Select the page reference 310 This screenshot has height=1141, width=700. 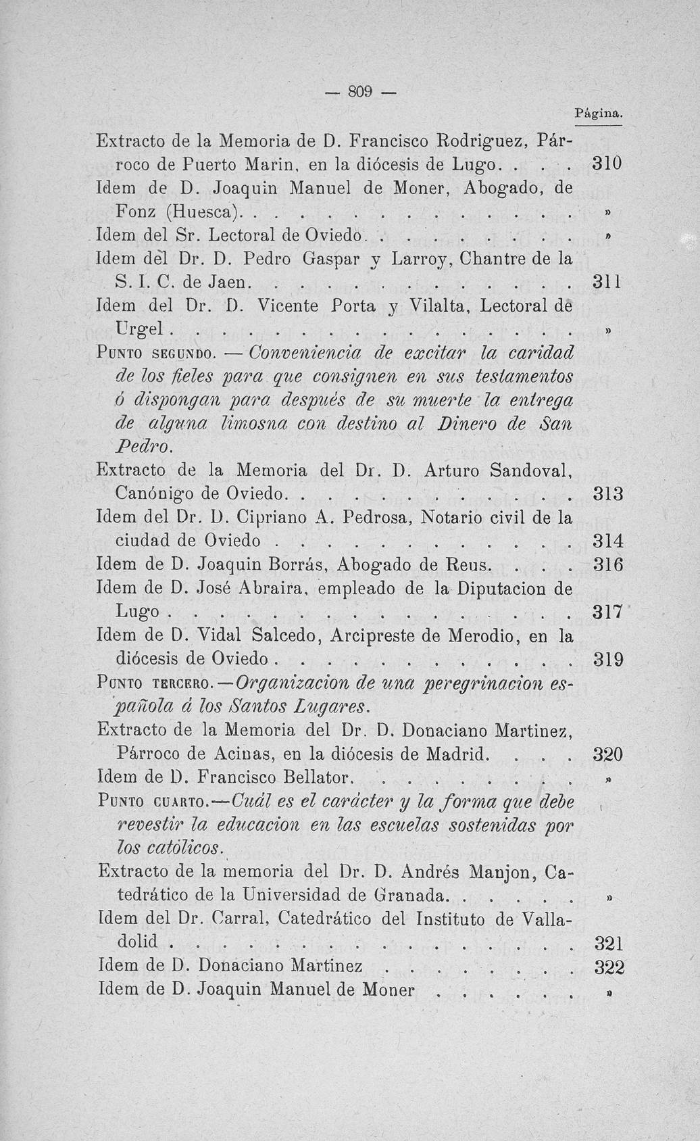[607, 164]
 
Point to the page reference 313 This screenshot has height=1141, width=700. [607, 494]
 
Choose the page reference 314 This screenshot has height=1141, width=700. [607, 541]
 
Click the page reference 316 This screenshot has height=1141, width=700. [607, 565]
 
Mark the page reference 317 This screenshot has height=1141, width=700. [607, 612]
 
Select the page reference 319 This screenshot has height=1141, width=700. [607, 659]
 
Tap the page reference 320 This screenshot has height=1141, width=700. [607, 754]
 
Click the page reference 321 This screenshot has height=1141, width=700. [607, 943]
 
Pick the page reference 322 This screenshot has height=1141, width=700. [608, 967]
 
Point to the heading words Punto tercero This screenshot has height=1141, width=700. [155, 683]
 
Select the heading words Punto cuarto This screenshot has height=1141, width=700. [155, 802]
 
